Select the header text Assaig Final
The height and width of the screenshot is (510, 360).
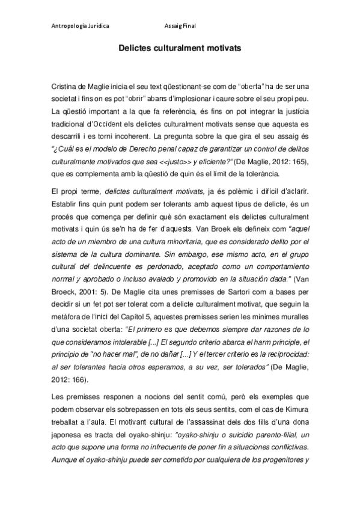(180, 26)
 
